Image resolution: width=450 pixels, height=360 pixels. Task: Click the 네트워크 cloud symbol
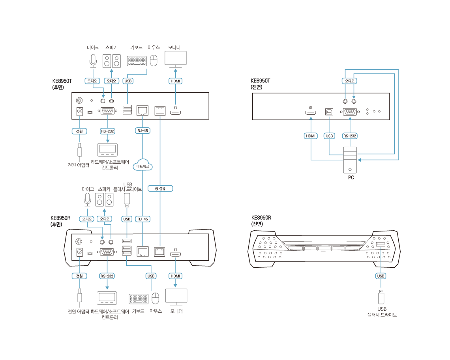[143, 166]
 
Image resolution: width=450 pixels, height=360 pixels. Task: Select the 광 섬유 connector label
[161, 188]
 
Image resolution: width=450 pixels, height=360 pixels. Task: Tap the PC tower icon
[350, 160]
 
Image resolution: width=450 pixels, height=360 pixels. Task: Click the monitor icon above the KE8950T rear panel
[175, 59]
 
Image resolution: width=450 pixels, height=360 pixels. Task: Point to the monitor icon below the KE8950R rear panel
[176, 297]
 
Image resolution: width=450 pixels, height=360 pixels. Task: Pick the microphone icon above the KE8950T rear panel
[93, 60]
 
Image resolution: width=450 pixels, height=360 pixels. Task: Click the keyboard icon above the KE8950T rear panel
[137, 61]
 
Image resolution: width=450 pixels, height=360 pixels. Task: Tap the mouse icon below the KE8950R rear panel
[156, 298]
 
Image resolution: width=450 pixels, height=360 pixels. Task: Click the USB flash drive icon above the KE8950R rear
[127, 200]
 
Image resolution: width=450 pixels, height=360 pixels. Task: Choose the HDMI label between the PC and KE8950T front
[311, 136]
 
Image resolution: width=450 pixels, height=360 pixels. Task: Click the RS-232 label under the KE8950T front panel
[350, 136]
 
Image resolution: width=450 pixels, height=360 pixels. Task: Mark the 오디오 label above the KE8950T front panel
[349, 81]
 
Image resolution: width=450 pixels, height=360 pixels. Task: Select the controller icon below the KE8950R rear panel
[107, 298]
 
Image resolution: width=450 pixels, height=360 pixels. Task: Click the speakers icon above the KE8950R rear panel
[105, 200]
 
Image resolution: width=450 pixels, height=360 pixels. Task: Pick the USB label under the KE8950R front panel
[381, 276]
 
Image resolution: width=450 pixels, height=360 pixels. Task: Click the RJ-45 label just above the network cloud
[142, 131]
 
